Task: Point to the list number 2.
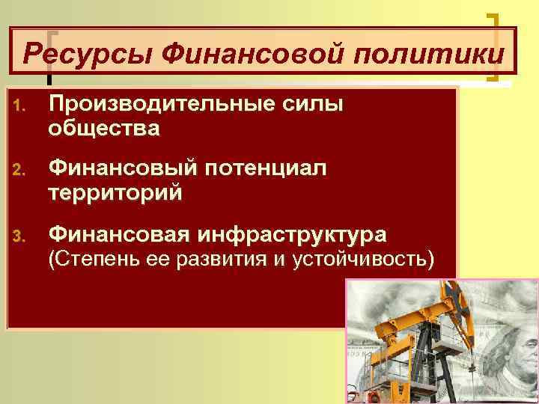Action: tap(19, 171)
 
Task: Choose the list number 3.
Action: tap(19, 237)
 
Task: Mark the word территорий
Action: tap(115, 194)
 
